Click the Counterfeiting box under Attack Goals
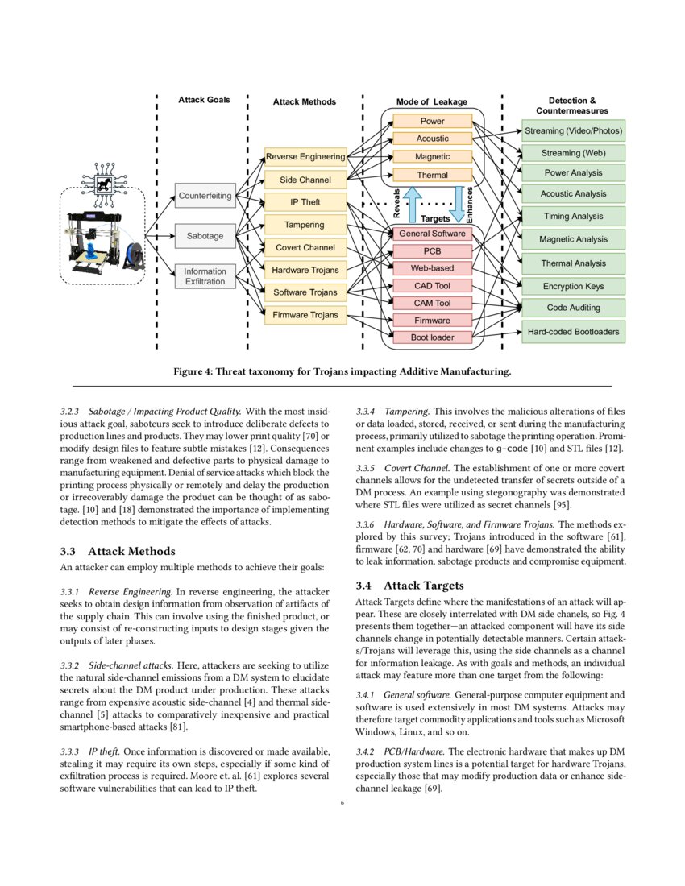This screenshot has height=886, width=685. pyautogui.click(x=205, y=196)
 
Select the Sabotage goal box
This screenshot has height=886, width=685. pyautogui.click(x=205, y=236)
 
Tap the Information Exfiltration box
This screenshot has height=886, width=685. pyautogui.click(x=205, y=276)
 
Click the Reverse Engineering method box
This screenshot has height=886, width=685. pyautogui.click(x=305, y=156)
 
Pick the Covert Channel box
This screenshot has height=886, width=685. pyautogui.click(x=305, y=247)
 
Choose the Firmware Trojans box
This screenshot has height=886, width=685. pyautogui.click(x=305, y=315)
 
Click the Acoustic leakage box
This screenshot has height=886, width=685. pyautogui.click(x=432, y=139)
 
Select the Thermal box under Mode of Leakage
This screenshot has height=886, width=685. pyautogui.click(x=432, y=175)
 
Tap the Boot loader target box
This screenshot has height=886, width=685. pyautogui.click(x=432, y=337)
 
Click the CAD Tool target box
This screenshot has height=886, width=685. pyautogui.click(x=432, y=286)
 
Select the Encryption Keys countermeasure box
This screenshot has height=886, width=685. pyautogui.click(x=573, y=286)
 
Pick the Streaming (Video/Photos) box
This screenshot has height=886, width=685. pyautogui.click(x=573, y=130)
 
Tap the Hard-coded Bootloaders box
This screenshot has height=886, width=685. pyautogui.click(x=573, y=331)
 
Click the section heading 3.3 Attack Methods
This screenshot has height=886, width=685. pyautogui.click(x=118, y=551)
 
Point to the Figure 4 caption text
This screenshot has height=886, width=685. pyautogui.click(x=342, y=371)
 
